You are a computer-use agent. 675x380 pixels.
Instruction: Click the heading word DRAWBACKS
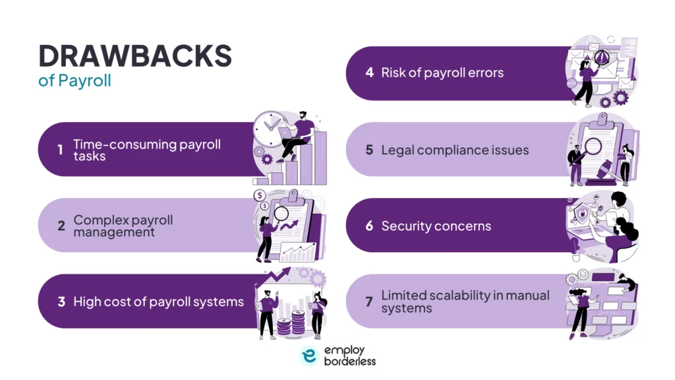pyautogui.click(x=135, y=57)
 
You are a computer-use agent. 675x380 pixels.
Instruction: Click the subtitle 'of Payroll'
pyautogui.click(x=74, y=81)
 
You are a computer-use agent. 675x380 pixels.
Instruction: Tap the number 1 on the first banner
pyautogui.click(x=60, y=150)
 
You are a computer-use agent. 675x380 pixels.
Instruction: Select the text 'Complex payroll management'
pyautogui.click(x=123, y=225)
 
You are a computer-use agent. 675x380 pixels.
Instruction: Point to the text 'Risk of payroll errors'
pyautogui.click(x=442, y=73)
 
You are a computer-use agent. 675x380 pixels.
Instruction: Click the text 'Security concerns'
pyautogui.click(x=436, y=226)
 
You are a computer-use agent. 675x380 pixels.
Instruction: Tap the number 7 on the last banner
pyautogui.click(x=369, y=301)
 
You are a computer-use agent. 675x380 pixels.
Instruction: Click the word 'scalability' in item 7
pyautogui.click(x=465, y=296)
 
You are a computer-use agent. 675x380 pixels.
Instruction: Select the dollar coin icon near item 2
pyautogui.click(x=260, y=195)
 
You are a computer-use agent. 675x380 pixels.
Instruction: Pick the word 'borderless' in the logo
pyautogui.click(x=349, y=361)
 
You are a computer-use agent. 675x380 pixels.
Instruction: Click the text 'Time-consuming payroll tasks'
pyautogui.click(x=146, y=150)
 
